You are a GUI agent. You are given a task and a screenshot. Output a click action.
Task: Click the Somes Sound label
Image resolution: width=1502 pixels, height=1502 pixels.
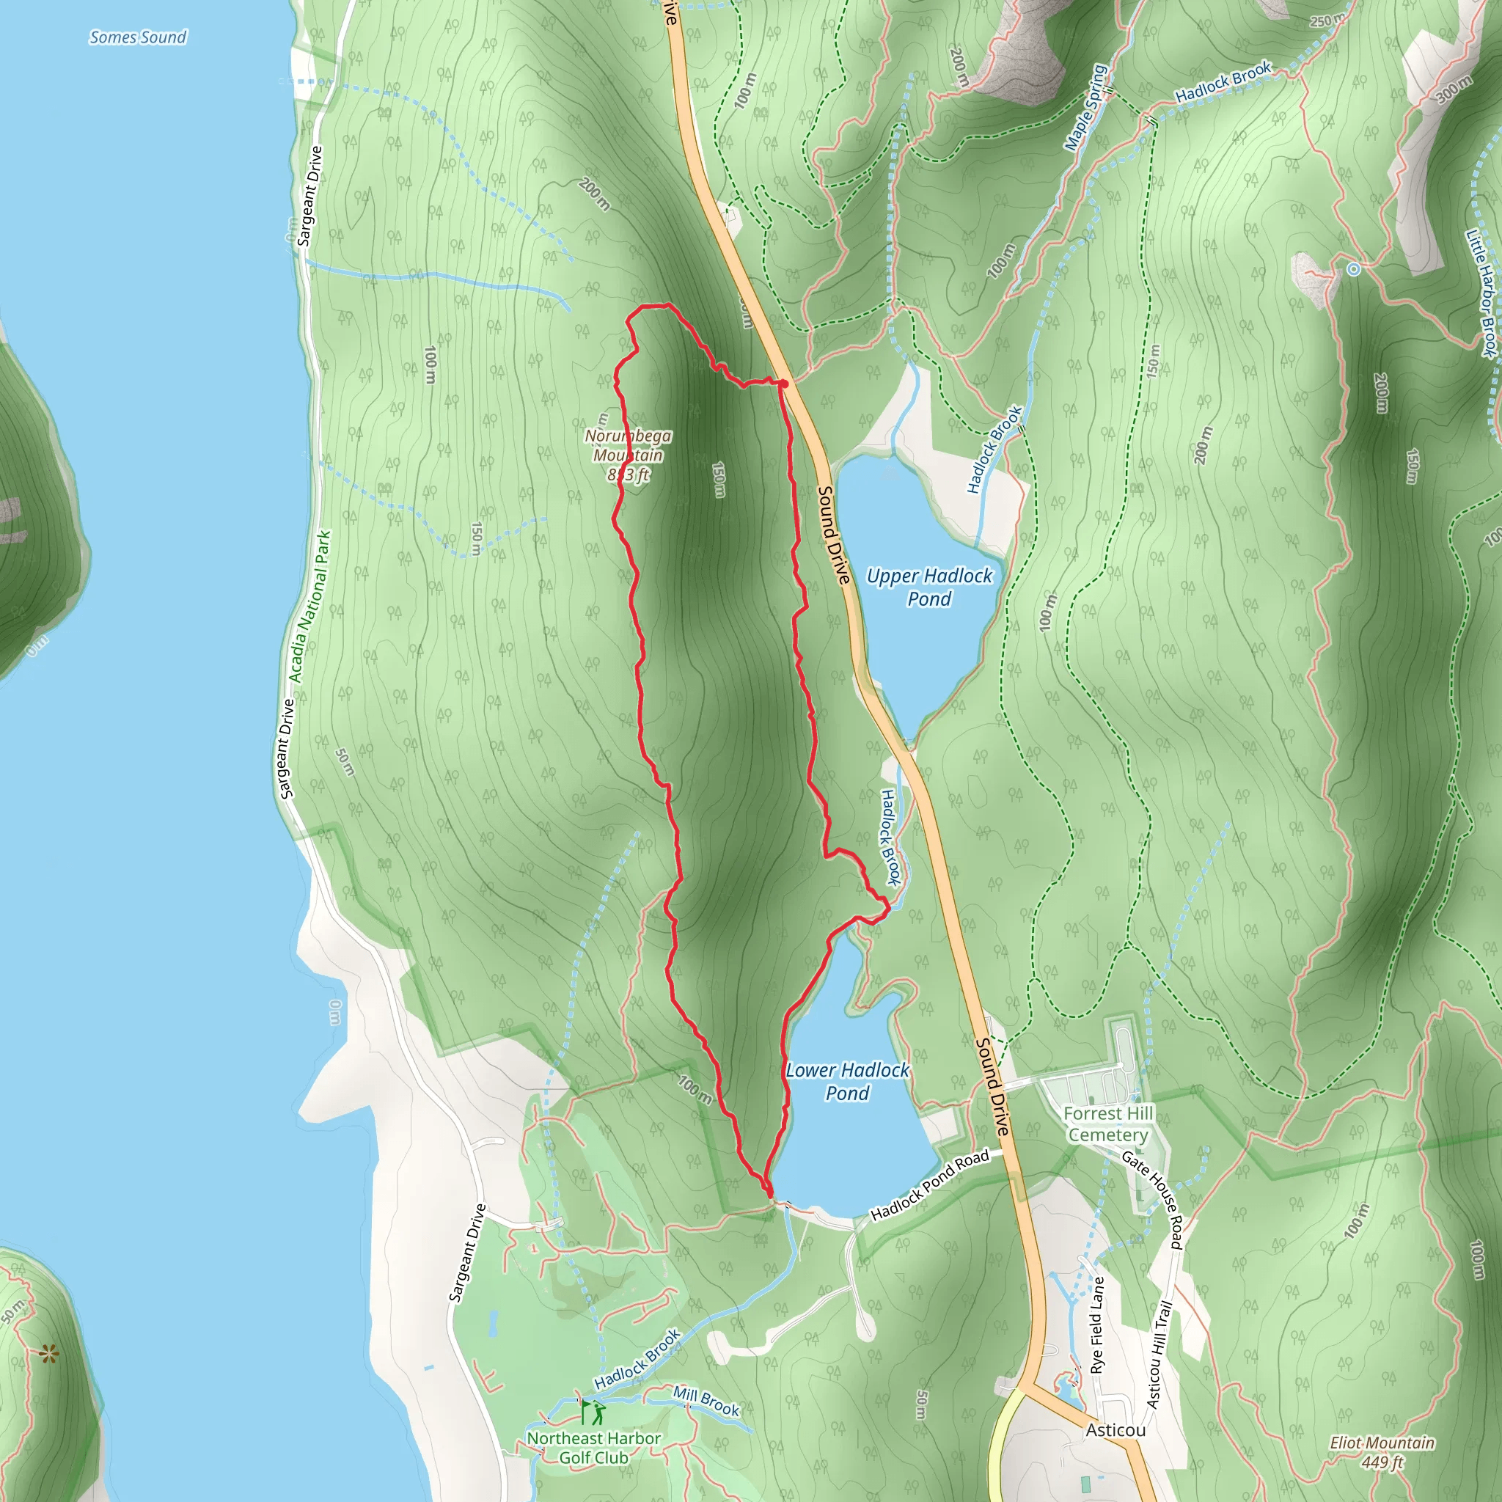coord(139,37)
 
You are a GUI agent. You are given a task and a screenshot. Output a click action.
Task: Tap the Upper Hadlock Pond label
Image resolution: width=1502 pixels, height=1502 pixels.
coord(929,587)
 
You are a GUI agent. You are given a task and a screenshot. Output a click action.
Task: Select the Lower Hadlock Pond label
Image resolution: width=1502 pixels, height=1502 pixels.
coord(846,1082)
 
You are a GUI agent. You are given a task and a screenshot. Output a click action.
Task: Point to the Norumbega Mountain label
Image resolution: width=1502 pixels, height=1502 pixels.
coord(629,455)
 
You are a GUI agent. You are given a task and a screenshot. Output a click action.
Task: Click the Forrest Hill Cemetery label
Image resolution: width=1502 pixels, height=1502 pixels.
coord(1108,1124)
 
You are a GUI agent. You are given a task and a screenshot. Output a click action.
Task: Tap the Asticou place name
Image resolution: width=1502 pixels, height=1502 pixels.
coord(1115,1429)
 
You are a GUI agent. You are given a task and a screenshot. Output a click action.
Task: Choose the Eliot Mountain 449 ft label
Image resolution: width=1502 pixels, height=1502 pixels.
coord(1382,1451)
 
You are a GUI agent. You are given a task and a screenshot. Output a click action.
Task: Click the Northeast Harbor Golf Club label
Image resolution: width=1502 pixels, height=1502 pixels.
coord(594,1448)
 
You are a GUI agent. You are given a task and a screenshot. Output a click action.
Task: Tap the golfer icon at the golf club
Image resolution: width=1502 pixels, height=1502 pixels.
coord(597,1412)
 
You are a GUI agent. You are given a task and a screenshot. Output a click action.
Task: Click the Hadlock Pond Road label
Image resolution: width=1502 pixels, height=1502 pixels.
coord(930,1185)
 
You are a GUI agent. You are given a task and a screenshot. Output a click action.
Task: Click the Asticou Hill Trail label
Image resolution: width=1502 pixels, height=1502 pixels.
coord(1160,1355)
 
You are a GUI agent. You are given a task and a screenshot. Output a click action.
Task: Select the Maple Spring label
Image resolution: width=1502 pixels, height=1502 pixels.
coord(1086,107)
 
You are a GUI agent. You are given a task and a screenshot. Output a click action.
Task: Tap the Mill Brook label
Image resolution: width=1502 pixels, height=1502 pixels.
coord(706,1400)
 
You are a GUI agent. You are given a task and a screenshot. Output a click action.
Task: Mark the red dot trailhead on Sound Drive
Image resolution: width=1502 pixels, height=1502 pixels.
coord(785,384)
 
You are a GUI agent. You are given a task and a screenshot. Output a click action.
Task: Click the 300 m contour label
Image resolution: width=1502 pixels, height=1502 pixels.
coord(1453,89)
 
